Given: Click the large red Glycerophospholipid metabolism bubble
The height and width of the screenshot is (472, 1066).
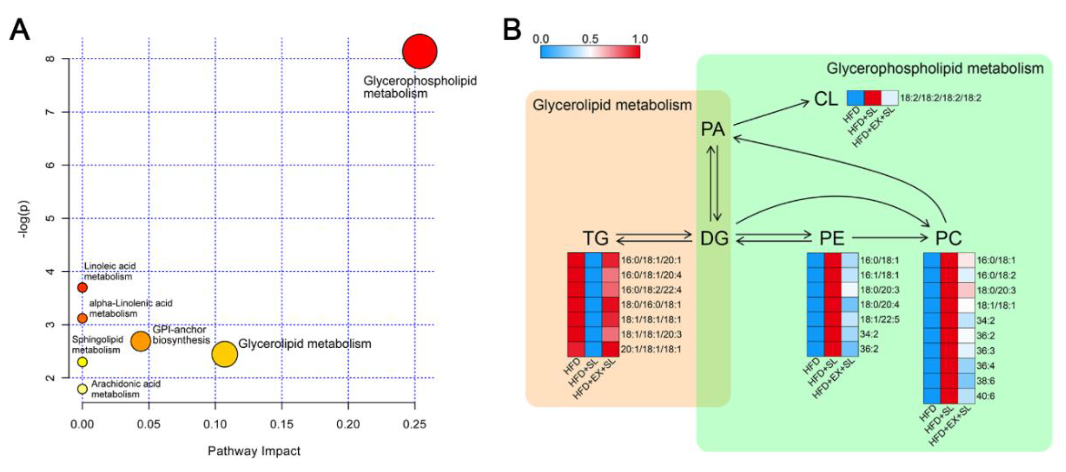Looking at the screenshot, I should pyautogui.click(x=420, y=51).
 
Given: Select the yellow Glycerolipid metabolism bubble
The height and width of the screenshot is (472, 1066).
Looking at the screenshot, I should pyautogui.click(x=224, y=354).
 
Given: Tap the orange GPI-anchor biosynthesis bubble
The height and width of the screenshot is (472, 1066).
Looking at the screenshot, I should pyautogui.click(x=140, y=341).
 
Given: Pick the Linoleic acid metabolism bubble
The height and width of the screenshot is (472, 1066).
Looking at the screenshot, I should pyautogui.click(x=82, y=287).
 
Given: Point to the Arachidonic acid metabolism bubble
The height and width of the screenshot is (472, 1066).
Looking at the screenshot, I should pyautogui.click(x=82, y=389).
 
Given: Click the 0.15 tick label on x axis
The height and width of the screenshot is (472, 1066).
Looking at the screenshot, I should pyautogui.click(x=281, y=424).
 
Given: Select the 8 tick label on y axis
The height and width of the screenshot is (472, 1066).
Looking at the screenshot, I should pyautogui.click(x=50, y=59).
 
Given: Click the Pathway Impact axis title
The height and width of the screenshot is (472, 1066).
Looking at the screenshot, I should pyautogui.click(x=254, y=451).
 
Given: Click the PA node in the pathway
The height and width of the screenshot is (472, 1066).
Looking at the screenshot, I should pyautogui.click(x=712, y=129).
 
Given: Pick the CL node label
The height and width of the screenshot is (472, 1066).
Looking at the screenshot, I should pyautogui.click(x=826, y=99).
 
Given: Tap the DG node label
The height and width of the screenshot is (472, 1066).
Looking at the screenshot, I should pyautogui.click(x=714, y=239).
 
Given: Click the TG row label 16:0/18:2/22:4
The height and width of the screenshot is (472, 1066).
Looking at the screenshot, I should pyautogui.click(x=651, y=290).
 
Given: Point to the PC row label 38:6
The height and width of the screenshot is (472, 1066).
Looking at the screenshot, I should pyautogui.click(x=985, y=381).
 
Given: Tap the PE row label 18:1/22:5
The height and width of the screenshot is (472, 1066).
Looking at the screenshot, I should pyautogui.click(x=879, y=320).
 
